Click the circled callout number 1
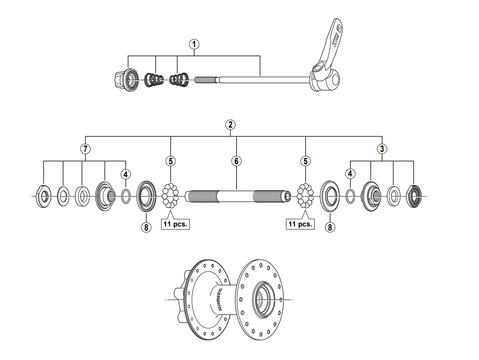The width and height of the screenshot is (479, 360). pos(195,44)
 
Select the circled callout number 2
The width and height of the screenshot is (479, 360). pos(230,124)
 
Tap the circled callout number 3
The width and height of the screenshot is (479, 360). pos(382,148)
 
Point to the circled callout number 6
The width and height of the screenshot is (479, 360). pos(236,161)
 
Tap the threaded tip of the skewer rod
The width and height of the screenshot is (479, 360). pos(206,80)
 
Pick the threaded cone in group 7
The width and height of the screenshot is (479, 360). pos(105,197)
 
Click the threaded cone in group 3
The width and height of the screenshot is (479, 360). pos(371,197)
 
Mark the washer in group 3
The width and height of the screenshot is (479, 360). pos(393,196)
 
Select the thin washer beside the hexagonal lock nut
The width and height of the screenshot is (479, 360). pos(63,196)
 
